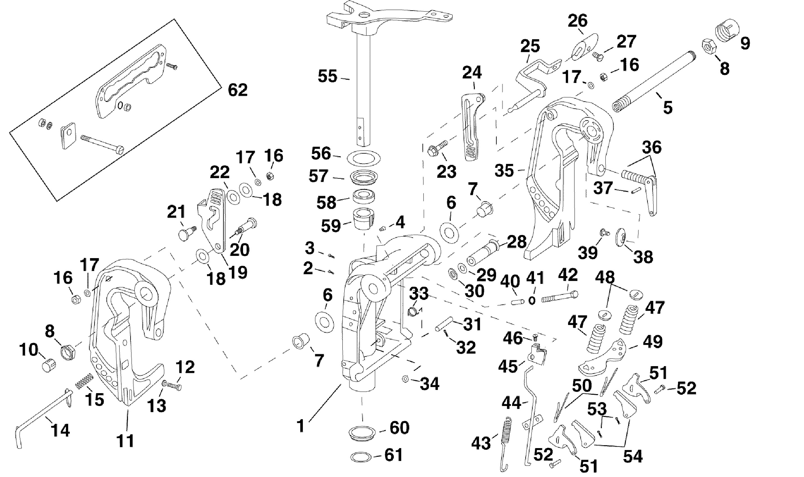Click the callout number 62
point(238,90)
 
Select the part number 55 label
point(327,77)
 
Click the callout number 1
point(301,426)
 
